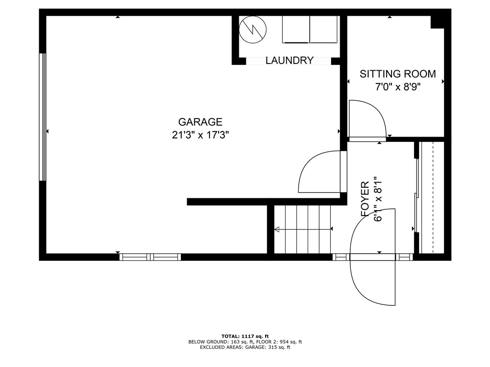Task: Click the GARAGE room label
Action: pos(200,122)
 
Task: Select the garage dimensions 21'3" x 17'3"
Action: pos(200,135)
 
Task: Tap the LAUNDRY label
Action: pos(289,61)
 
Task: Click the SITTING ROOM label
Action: pos(398,74)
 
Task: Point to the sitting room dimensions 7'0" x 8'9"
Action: pos(398,86)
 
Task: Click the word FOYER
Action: pos(365,200)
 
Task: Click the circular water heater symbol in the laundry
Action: pos(252,30)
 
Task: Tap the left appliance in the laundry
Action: pos(296,30)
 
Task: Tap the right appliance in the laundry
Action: pos(324,30)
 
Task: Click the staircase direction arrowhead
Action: pos(277,230)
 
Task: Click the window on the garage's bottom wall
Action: pos(150,257)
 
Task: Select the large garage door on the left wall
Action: pos(43,117)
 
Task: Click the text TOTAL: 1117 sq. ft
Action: pos(245,336)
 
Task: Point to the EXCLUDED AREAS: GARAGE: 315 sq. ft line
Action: pos(245,347)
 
